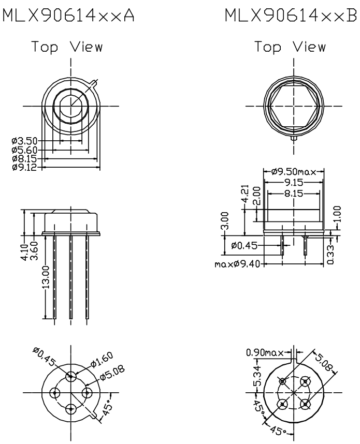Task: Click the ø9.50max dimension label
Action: pos(294,172)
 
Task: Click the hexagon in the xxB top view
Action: pos(294,107)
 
